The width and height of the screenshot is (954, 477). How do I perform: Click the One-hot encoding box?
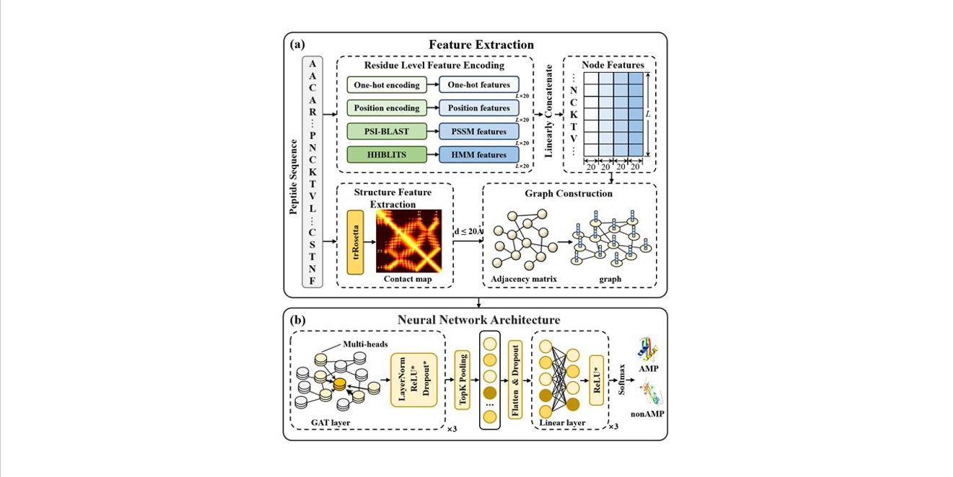pyautogui.click(x=386, y=85)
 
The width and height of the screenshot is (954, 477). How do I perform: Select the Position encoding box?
pyautogui.click(x=386, y=108)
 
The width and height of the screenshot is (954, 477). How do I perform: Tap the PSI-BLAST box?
pyautogui.click(x=386, y=131)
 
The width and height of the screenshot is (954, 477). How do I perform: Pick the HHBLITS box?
pyautogui.click(x=386, y=154)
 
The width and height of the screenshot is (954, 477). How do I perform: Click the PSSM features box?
pyautogui.click(x=478, y=131)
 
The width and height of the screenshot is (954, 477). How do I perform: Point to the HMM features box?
pyautogui.click(x=478, y=154)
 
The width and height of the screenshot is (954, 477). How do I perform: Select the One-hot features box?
pyautogui.click(x=478, y=85)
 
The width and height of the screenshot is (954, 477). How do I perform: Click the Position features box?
pyautogui.click(x=478, y=108)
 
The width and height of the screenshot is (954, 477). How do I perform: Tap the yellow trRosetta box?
pyautogui.click(x=355, y=242)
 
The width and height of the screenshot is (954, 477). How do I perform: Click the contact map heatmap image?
pyautogui.click(x=408, y=241)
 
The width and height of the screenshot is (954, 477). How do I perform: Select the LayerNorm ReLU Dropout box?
pyautogui.click(x=414, y=380)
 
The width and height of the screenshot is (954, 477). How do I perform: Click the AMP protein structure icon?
pyautogui.click(x=648, y=349)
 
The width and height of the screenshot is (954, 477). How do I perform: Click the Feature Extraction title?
pyautogui.click(x=481, y=45)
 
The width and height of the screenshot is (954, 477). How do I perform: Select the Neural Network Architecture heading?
pyautogui.click(x=478, y=320)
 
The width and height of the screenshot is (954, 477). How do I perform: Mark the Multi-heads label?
pyautogui.click(x=365, y=344)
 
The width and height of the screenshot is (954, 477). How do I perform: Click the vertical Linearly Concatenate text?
pyautogui.click(x=548, y=111)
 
